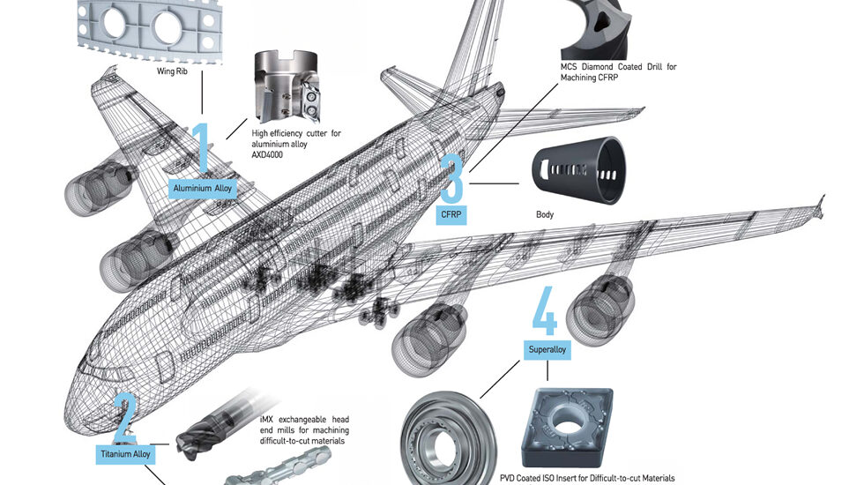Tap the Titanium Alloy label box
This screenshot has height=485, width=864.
tap(124, 455)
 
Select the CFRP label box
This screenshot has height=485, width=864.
tap(451, 214)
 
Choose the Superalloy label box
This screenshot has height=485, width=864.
tap(548, 350)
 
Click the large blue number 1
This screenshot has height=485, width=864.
tap(202, 147)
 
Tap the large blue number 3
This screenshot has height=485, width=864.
tap(451, 178)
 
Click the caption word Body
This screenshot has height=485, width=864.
tap(545, 214)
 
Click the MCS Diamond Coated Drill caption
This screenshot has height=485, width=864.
tap(618, 71)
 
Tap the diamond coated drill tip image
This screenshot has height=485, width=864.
tap(600, 26)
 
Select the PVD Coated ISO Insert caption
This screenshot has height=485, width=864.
tap(600, 477)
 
